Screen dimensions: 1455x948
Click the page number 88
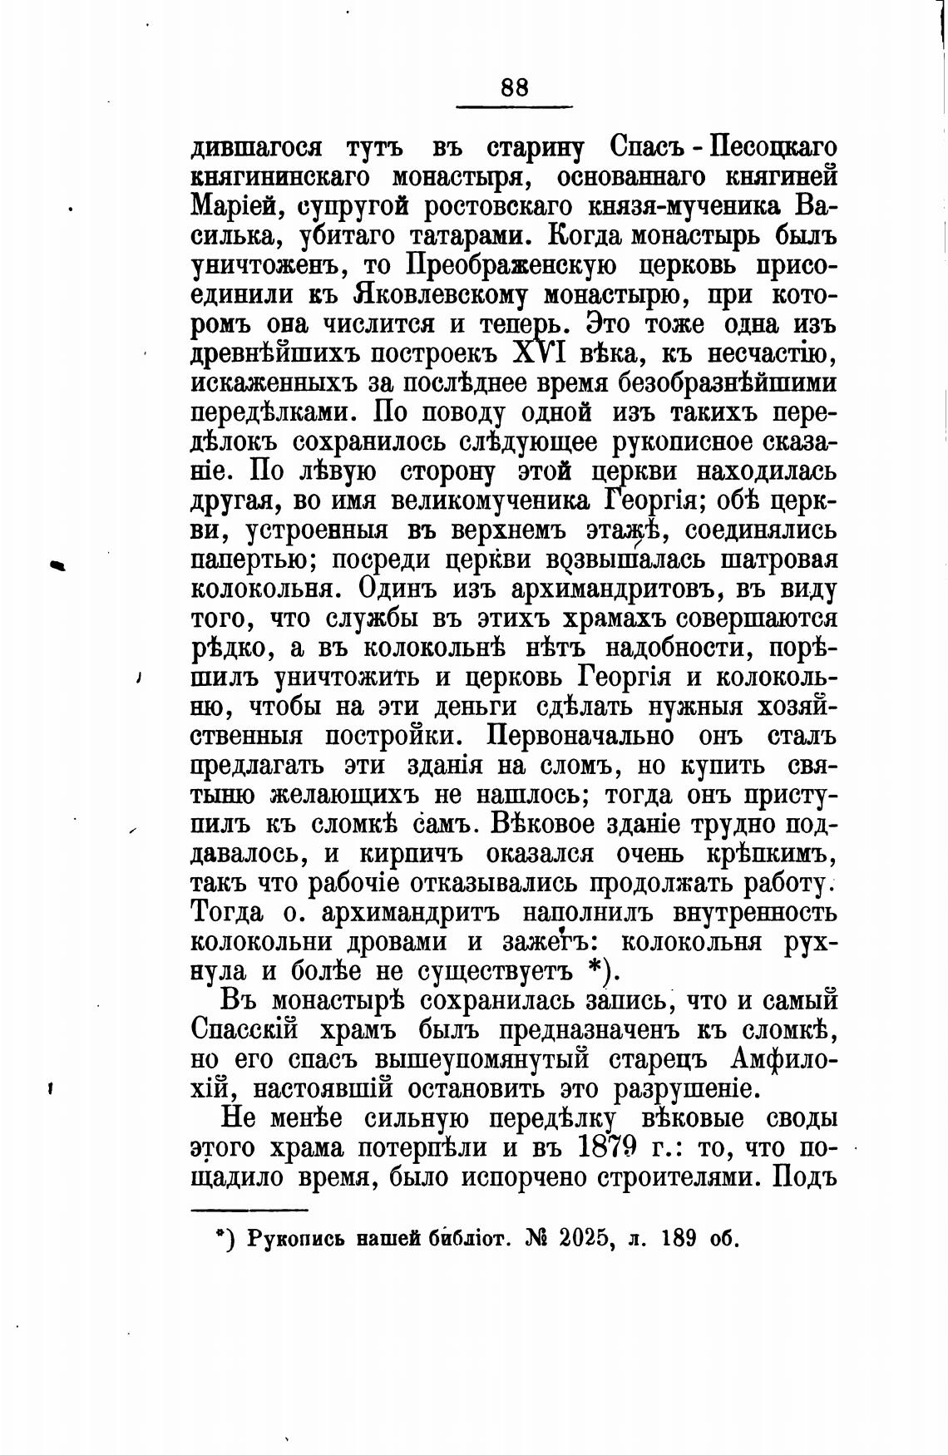pyautogui.click(x=515, y=88)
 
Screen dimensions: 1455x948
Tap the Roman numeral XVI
pyautogui.click(x=538, y=354)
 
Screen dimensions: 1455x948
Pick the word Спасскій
pyautogui.click(x=244, y=1029)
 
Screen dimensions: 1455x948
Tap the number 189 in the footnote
pyautogui.click(x=679, y=1238)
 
